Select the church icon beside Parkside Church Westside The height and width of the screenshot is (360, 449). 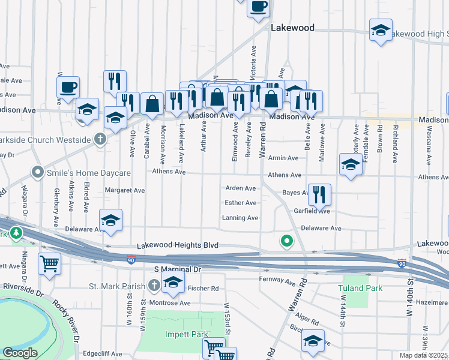(100, 140)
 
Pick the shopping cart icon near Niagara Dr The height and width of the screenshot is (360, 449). (49, 263)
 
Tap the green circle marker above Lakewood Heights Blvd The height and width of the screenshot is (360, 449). (287, 241)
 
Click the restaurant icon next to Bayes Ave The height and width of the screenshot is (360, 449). (319, 194)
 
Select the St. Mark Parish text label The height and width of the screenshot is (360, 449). (117, 286)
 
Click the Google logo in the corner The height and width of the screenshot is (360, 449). (20, 353)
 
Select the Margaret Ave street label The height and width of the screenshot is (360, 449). (125, 190)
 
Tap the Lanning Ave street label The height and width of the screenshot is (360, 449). (240, 218)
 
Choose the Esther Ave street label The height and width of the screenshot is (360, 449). (240, 203)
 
